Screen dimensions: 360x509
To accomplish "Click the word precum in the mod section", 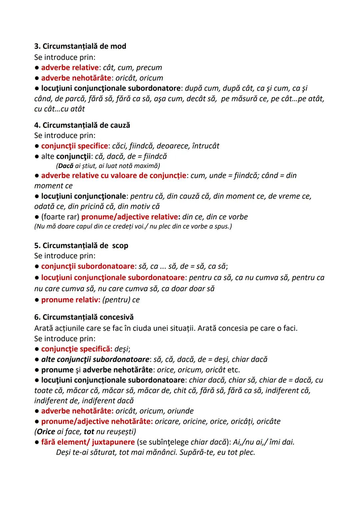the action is tap(149, 68).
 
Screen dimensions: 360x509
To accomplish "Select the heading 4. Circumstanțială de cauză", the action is tap(82, 125).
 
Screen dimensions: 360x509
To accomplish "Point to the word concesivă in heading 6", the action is tap(116, 317).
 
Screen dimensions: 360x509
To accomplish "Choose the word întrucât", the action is tap(206, 146).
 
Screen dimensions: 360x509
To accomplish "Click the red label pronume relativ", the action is tap(70, 300).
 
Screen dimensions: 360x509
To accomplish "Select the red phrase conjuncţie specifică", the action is tap(76, 349).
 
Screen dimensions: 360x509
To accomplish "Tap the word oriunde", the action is tap(180, 411).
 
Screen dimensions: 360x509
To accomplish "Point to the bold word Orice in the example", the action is tap(46, 432).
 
